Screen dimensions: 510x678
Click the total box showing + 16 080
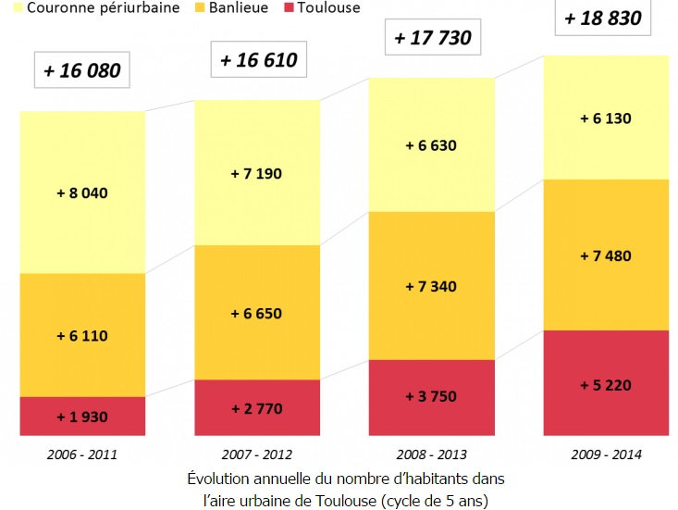[x=81, y=70]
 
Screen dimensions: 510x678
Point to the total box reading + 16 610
[x=258, y=61]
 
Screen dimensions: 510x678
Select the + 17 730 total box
[x=432, y=38]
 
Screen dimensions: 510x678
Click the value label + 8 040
[x=82, y=193]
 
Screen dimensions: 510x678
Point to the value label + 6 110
[x=82, y=336]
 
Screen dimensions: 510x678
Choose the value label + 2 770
[x=256, y=405]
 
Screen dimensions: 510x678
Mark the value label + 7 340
[x=431, y=287]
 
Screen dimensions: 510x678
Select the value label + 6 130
[x=605, y=118]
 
